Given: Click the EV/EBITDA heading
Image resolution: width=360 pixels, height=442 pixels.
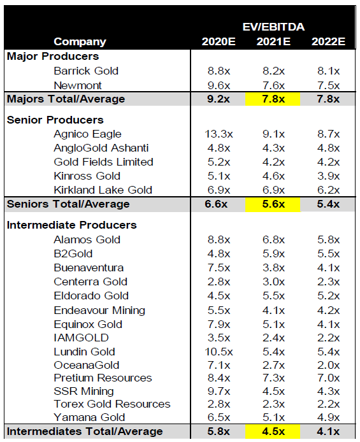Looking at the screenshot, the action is (x=273, y=27).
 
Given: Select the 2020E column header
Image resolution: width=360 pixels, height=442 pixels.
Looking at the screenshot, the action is (x=219, y=42).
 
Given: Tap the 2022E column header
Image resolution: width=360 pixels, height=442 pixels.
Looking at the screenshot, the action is (x=328, y=42).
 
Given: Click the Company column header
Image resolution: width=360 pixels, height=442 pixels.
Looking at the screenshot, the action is (x=80, y=42).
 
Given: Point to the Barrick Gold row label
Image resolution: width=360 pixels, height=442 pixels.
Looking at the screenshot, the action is (x=86, y=71).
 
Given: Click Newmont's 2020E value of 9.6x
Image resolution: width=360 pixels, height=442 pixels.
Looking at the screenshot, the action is (x=219, y=85).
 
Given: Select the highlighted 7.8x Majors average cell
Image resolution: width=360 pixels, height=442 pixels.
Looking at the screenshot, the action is (x=273, y=99).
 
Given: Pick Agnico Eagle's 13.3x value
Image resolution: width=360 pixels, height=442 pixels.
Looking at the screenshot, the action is (x=219, y=134).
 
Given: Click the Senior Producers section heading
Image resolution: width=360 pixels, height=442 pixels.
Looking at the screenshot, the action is (x=55, y=120).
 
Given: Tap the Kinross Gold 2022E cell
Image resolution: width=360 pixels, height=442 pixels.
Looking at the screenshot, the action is (x=328, y=176).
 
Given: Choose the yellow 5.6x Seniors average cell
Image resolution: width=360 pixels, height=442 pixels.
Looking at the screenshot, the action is (x=273, y=204).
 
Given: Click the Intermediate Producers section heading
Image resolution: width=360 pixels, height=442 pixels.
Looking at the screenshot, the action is (x=72, y=225).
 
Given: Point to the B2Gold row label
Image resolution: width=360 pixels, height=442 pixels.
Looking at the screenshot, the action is (x=73, y=253).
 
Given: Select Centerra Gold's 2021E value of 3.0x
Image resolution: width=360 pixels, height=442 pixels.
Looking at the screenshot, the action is (x=273, y=282).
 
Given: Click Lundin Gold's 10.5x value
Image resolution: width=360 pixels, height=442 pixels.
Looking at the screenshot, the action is (x=219, y=352).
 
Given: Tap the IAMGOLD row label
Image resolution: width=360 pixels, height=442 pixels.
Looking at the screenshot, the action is (x=81, y=338).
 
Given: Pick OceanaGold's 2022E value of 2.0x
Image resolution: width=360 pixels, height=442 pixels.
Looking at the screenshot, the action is (x=328, y=366).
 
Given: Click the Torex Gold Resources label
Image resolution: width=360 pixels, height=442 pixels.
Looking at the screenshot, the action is (x=112, y=404).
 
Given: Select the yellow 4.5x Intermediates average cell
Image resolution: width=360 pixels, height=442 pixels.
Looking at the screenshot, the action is (x=273, y=431).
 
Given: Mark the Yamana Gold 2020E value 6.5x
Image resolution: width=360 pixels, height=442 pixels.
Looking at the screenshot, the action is (x=219, y=417).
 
